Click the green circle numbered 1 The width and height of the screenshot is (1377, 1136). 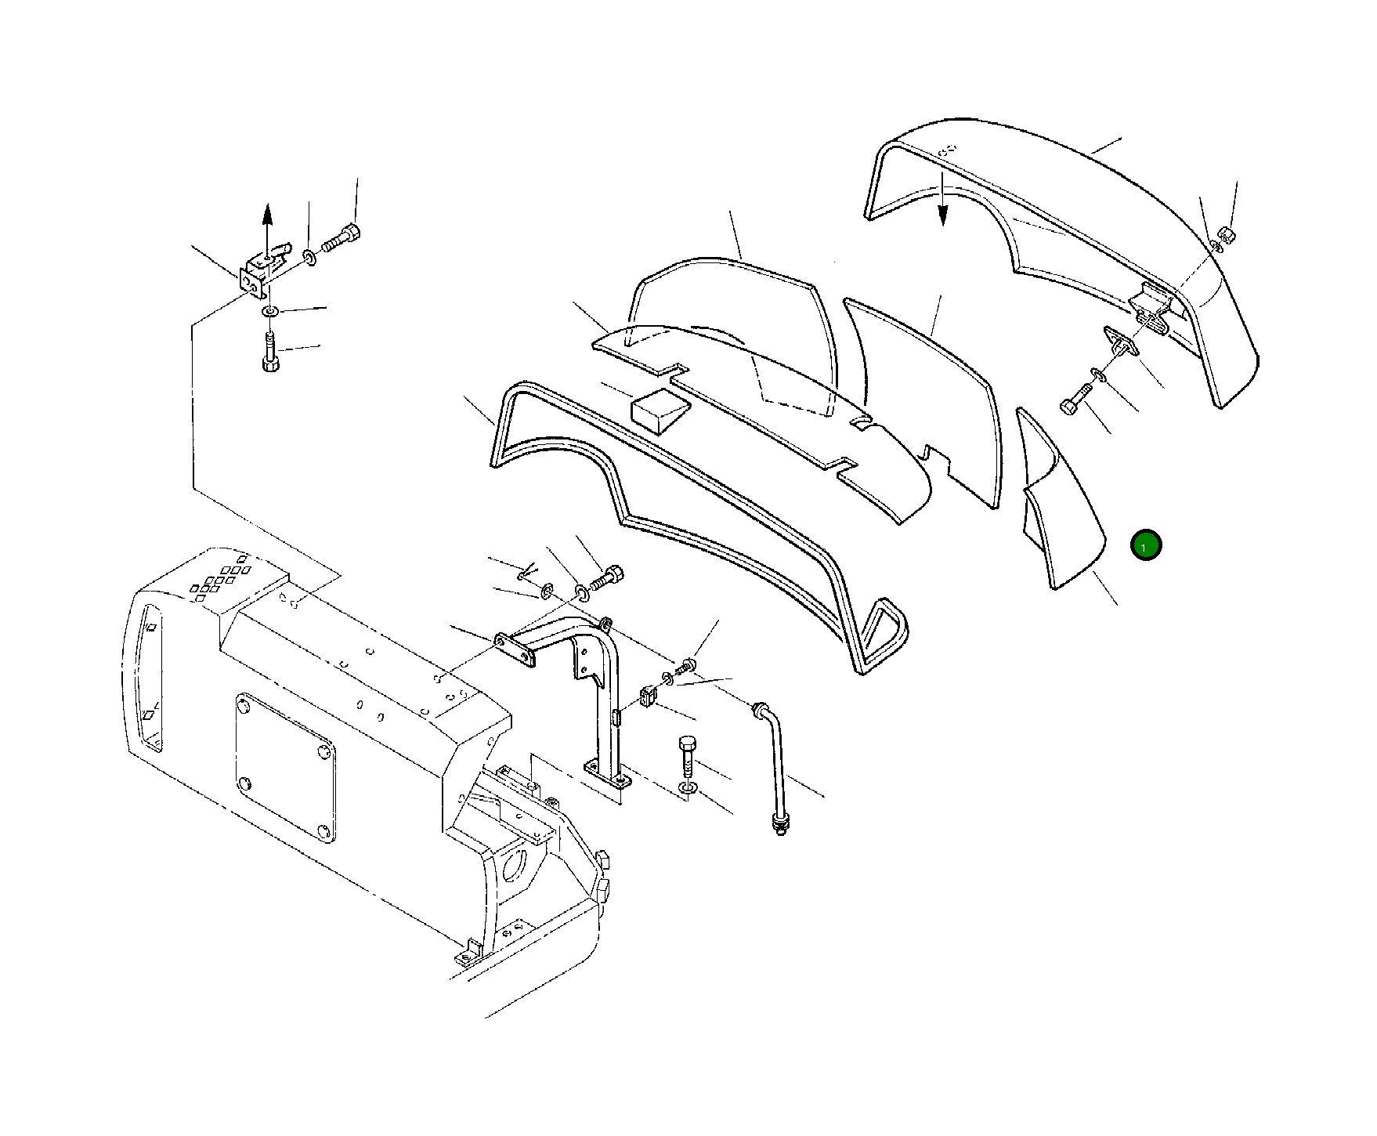click(1144, 545)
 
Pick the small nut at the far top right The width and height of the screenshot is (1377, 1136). click(1227, 235)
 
